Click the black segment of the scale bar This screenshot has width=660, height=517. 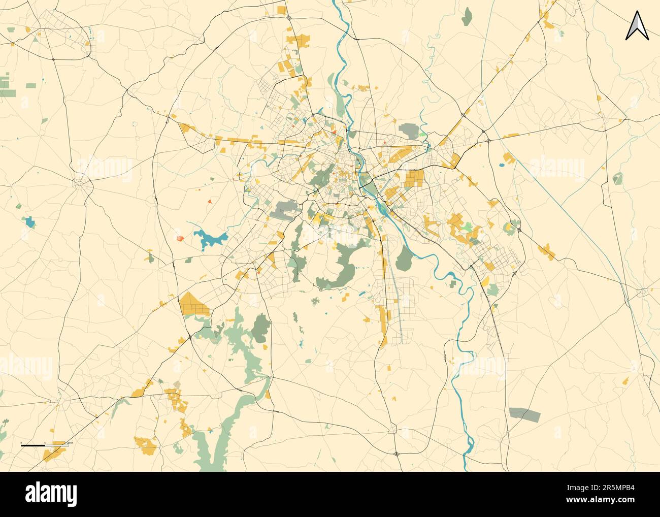(32, 445)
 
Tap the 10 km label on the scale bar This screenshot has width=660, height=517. (71, 443)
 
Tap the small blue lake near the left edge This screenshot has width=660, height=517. (29, 221)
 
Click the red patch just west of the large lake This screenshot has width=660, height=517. (179, 237)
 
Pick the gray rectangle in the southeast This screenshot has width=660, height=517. (524, 414)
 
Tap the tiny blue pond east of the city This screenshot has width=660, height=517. (502, 165)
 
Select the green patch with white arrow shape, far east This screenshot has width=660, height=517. (617, 178)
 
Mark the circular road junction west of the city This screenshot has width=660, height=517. (80, 180)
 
